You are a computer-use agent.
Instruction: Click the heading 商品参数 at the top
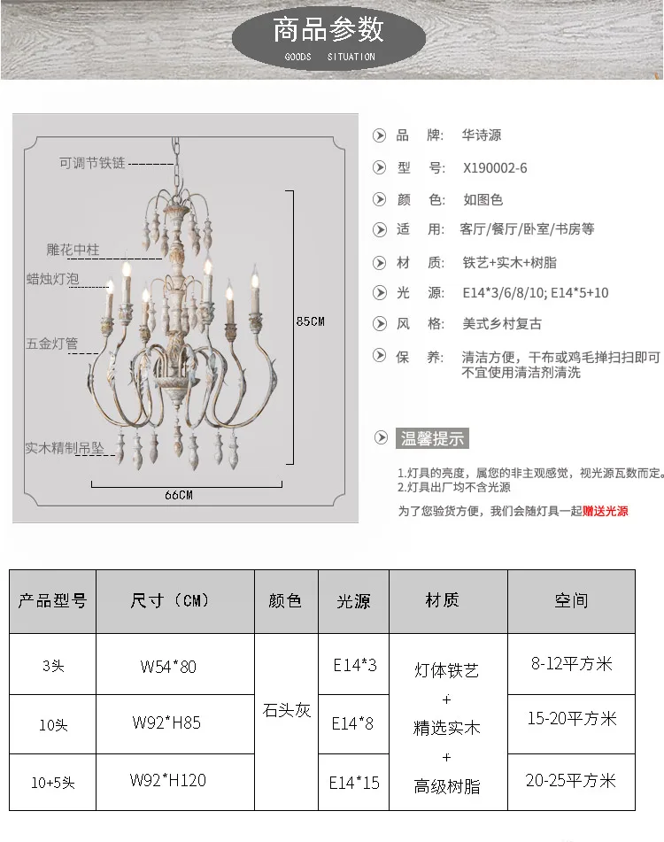pos(328,30)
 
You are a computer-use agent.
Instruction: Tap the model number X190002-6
pos(495,167)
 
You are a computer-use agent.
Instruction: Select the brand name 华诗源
pos(482,135)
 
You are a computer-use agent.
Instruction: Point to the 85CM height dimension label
pos(310,321)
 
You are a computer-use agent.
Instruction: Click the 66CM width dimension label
pos(178,495)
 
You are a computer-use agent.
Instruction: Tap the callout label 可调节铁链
pos(92,163)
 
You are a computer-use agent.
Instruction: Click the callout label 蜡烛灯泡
pos(53,279)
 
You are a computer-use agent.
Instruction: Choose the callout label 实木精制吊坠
pos(65,449)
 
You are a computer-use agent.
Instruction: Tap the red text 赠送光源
pos(606,511)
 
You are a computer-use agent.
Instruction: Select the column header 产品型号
pos(52,601)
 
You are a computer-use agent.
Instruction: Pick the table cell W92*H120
pos(168,780)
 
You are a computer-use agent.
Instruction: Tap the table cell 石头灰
pos(286,710)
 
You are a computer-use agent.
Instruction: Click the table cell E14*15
pos(354,783)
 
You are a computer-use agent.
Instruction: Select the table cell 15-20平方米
pos(571,719)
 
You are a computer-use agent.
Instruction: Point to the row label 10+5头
pos(52,783)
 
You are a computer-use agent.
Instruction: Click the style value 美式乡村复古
pos(502,324)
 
